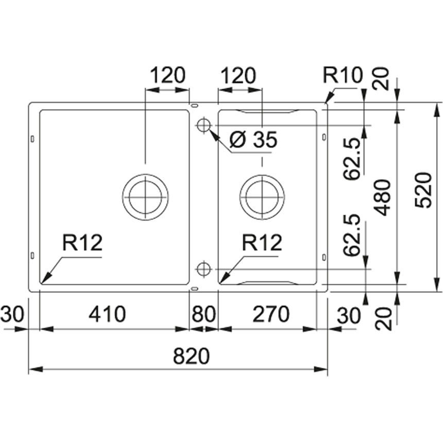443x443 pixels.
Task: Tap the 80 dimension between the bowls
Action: click(205, 314)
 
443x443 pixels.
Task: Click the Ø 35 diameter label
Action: click(253, 139)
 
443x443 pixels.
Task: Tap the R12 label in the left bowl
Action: click(82, 242)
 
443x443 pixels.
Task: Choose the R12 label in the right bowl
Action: click(262, 242)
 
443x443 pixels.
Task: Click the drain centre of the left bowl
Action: click(145, 196)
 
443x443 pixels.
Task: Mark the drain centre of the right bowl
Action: click(262, 196)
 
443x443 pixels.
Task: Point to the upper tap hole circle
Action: click(203, 125)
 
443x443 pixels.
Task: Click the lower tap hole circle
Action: click(203, 268)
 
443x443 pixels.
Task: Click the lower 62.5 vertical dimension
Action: click(353, 241)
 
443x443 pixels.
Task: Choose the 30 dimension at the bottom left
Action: click(12, 314)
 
